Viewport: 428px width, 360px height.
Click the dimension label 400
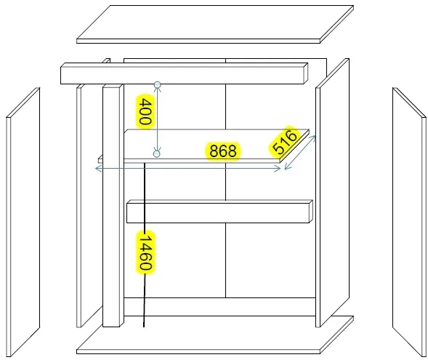pos(145,112)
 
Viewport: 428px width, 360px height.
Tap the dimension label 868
pos(222,151)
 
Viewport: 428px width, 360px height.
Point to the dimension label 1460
pos(145,252)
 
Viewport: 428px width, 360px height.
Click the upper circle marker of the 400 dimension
pos(158,84)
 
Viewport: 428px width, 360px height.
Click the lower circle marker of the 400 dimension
pos(157,153)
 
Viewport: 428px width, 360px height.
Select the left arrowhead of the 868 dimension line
pos(97,169)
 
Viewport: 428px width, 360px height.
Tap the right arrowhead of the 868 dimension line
pos(278,169)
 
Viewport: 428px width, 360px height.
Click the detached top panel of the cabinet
pos(215,24)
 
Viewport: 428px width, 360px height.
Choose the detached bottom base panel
pos(215,335)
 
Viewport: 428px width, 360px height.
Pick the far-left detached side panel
pos(23,222)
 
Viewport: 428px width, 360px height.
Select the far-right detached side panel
pos(409,222)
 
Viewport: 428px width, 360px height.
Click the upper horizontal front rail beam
pos(185,73)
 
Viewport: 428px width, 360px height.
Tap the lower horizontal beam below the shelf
pos(219,212)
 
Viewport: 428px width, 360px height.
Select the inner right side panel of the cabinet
pos(333,193)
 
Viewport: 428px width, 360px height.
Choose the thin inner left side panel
pos(79,207)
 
